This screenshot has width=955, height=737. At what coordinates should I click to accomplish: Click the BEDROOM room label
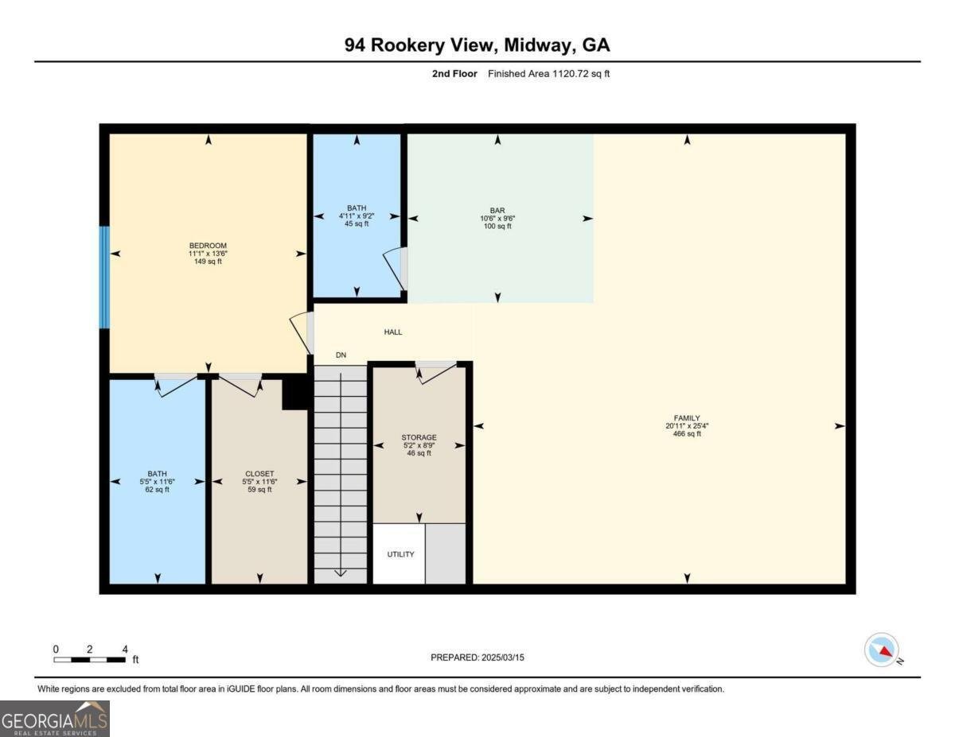(208, 245)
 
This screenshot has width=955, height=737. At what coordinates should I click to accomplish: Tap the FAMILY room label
(687, 417)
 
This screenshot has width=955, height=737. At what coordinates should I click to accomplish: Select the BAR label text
(498, 211)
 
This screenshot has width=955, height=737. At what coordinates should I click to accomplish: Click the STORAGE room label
(419, 437)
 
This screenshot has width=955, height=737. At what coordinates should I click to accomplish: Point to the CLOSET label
(259, 474)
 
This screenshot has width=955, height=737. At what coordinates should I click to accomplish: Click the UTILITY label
(400, 554)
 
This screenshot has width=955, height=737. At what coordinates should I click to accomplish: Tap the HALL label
(393, 332)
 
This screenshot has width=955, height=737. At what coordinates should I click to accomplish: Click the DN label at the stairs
(341, 355)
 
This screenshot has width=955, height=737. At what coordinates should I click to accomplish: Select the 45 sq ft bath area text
(357, 224)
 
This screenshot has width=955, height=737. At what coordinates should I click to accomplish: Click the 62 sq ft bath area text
(157, 490)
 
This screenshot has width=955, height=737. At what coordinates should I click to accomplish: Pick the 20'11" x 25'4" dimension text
(687, 425)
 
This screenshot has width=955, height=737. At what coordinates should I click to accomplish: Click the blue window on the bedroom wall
(103, 277)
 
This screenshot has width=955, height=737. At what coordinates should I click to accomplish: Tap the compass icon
(882, 650)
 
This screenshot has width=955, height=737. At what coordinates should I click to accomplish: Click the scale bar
(89, 659)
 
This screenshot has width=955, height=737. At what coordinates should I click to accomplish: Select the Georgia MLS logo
(55, 718)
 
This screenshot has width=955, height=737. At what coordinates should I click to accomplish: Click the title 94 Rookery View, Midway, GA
(477, 45)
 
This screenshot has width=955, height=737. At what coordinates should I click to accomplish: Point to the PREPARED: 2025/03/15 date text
(477, 657)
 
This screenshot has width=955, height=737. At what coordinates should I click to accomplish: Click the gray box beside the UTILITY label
(446, 554)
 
